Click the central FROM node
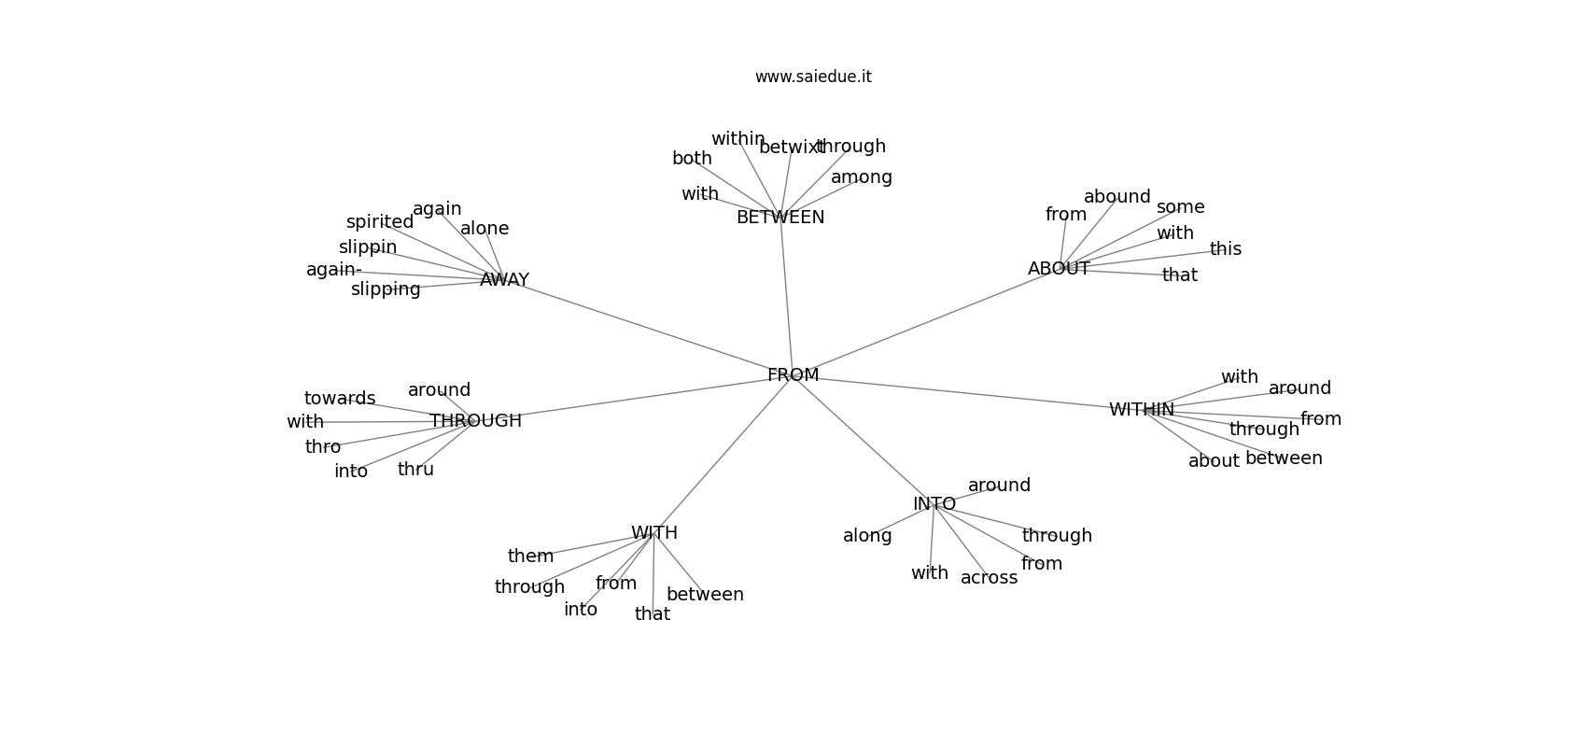pos(793,375)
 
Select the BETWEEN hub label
pos(780,218)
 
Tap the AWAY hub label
pos(504,280)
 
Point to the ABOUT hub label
pos(1059,269)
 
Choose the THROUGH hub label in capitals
pos(475,421)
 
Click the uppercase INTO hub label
pos(934,504)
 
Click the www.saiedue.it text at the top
pos(813,77)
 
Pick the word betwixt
pos(791,148)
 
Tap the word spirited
pos(379,222)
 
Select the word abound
pos(1117,197)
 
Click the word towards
pos(340,399)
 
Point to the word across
pos(989,578)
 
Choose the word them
pos(530,557)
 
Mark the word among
pos(861,177)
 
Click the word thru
pos(415,470)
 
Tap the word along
pos(867,536)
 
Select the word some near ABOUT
pos(1180,207)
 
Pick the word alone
pos(485,229)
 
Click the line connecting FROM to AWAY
pos(644,326)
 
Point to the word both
pos(692,159)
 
